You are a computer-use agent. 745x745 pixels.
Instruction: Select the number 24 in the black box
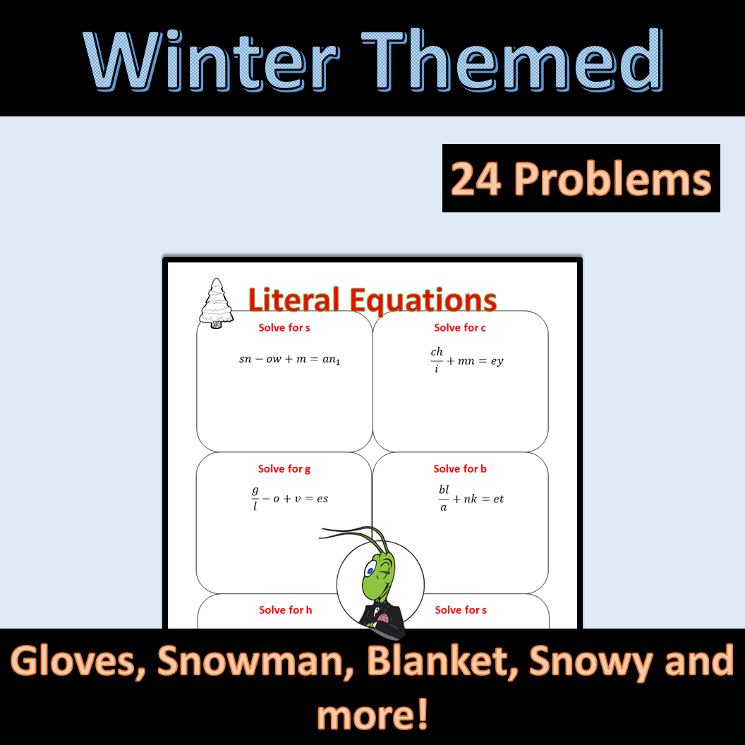click(476, 178)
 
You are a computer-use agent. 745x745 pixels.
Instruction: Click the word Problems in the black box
click(611, 178)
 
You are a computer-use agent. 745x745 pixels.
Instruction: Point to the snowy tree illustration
click(217, 303)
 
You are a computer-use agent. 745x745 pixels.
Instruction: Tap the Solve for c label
click(460, 327)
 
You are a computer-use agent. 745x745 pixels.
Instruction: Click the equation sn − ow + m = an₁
click(289, 359)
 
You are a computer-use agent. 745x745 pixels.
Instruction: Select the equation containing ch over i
click(466, 360)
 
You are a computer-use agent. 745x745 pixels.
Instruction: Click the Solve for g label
click(284, 468)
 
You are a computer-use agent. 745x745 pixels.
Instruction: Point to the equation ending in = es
click(290, 498)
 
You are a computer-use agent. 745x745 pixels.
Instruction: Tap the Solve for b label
click(460, 468)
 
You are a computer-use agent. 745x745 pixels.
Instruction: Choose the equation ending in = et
click(471, 499)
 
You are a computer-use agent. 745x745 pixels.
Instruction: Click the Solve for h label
click(285, 610)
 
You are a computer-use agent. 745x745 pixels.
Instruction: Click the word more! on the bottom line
click(372, 714)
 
